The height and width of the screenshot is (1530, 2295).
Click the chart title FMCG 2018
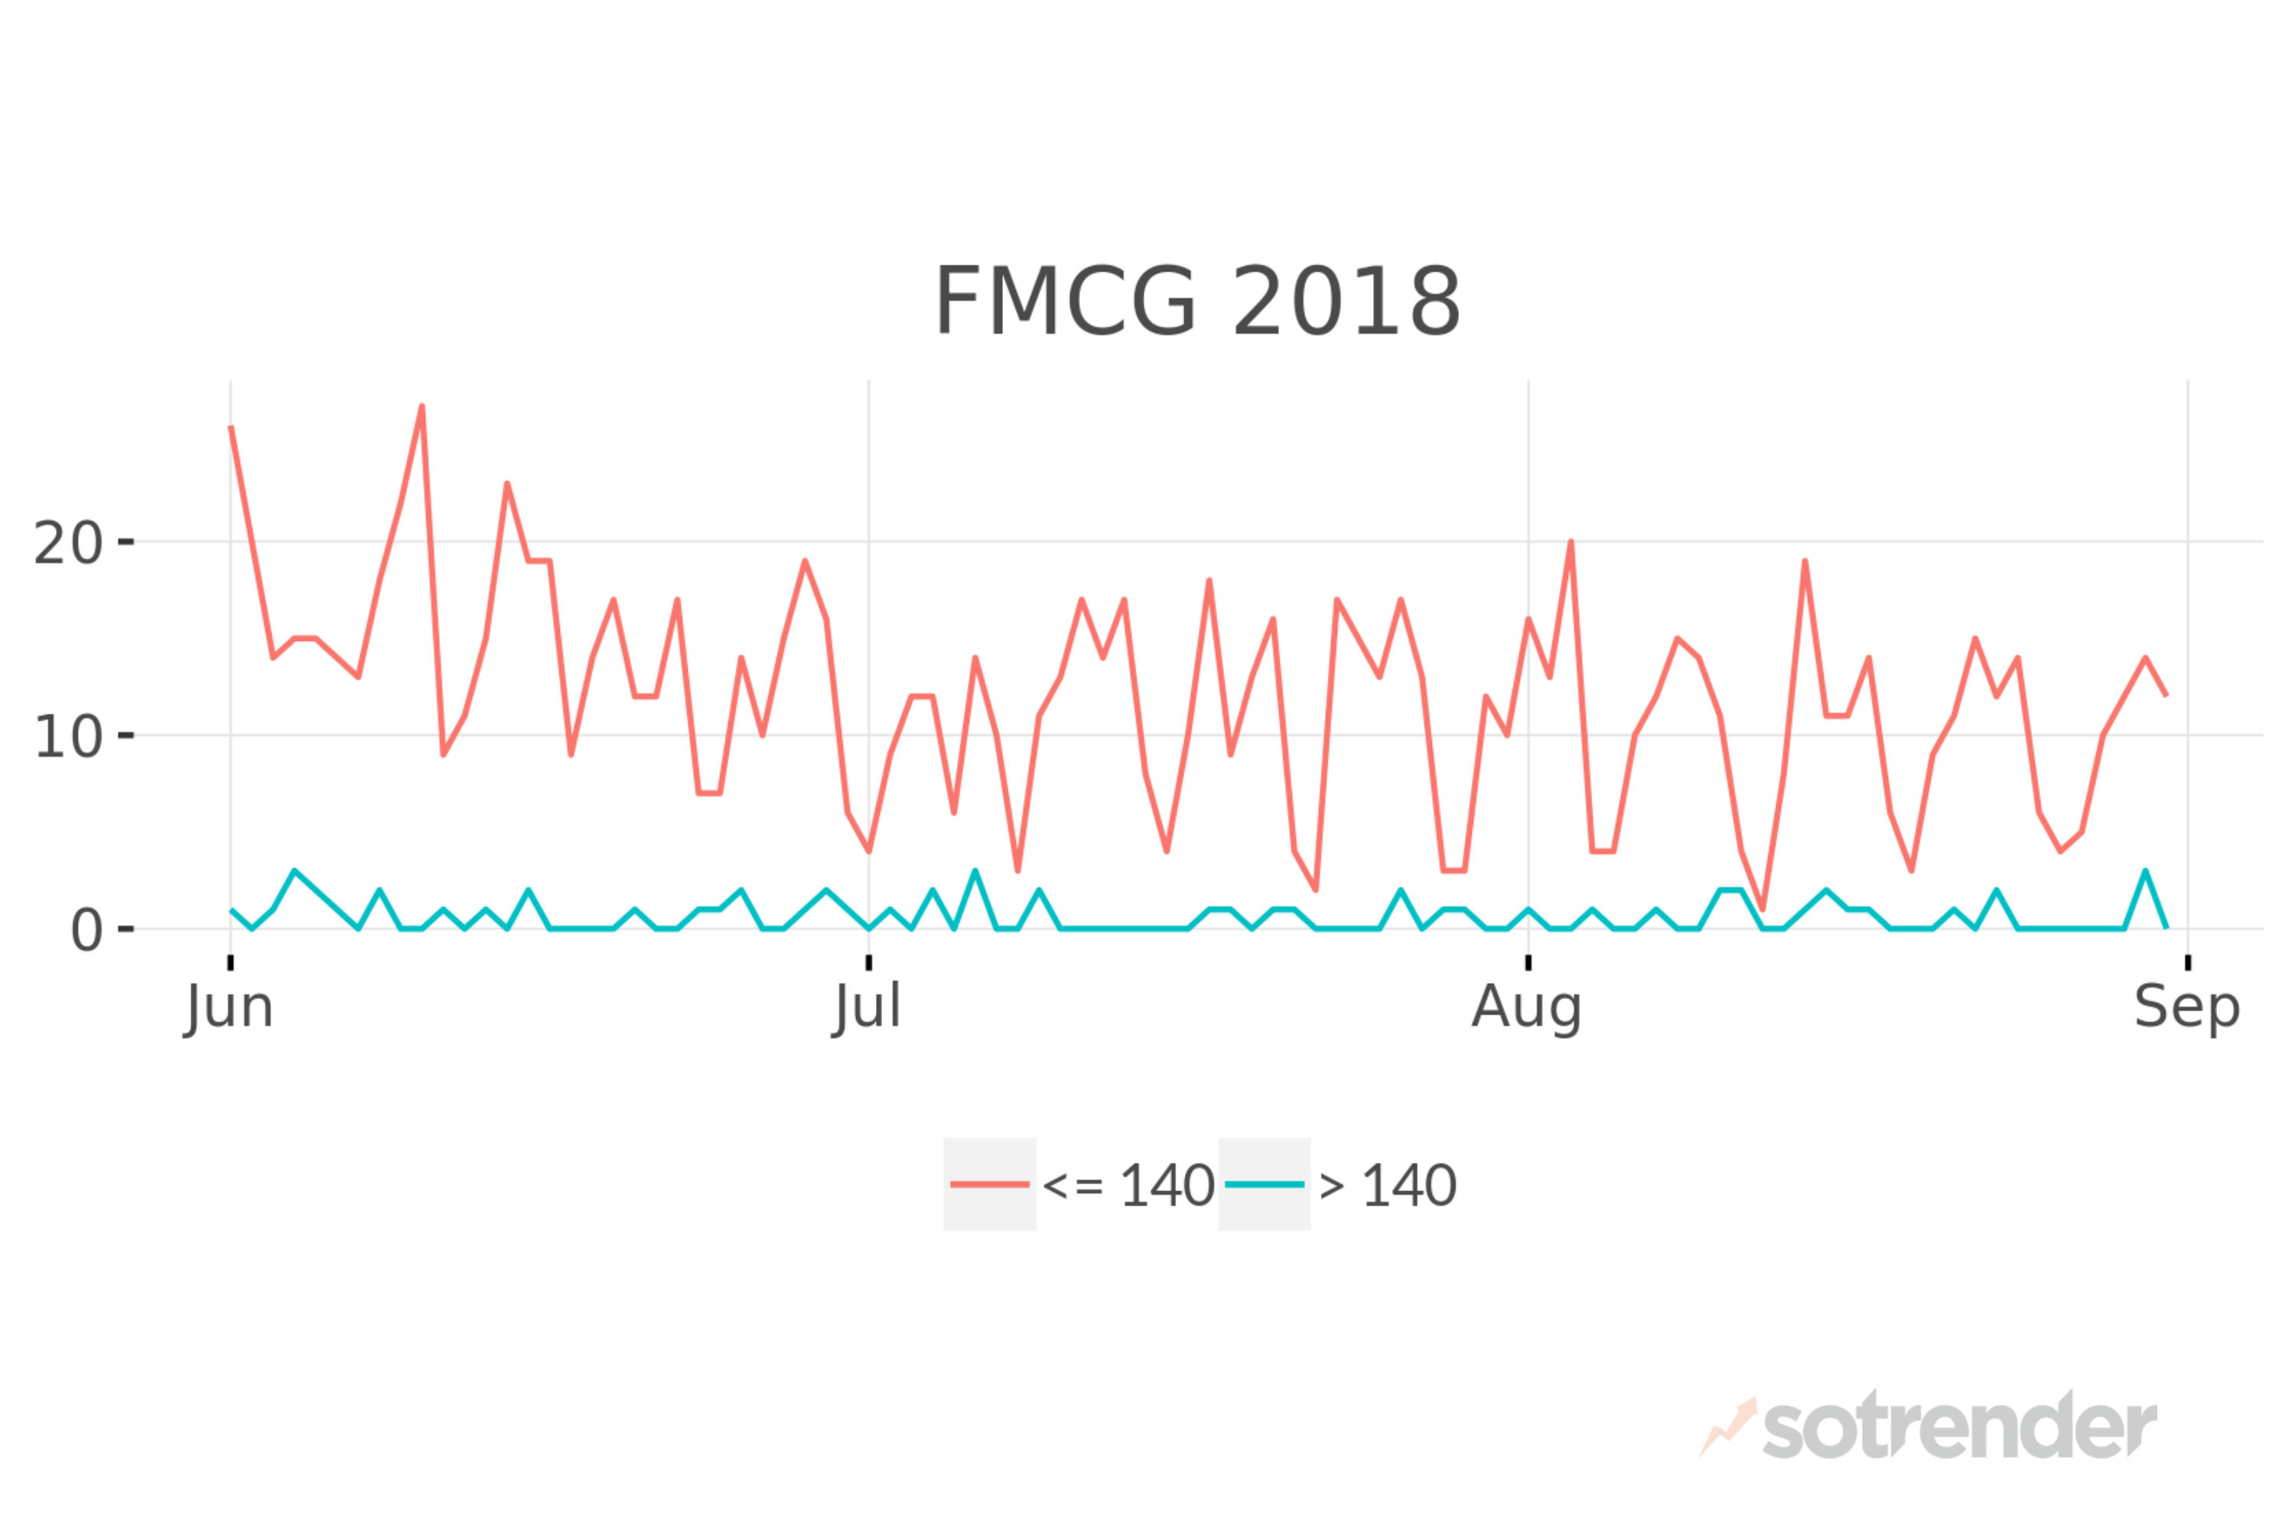click(1197, 301)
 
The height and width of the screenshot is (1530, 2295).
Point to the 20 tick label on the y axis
click(67, 543)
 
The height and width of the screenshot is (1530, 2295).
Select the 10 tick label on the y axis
click(67, 737)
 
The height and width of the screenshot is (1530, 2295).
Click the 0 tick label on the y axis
click(86, 930)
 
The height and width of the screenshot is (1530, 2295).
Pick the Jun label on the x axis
click(229, 1007)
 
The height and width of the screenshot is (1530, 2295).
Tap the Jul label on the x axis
click(868, 1007)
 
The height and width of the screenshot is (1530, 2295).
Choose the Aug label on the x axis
click(1527, 1007)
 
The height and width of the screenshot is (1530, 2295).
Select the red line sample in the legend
click(989, 1184)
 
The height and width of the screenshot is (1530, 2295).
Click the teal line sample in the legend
click(1264, 1184)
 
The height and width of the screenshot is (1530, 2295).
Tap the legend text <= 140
click(1128, 1187)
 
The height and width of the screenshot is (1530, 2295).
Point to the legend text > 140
click(1388, 1187)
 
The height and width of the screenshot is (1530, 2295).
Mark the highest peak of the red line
click(422, 406)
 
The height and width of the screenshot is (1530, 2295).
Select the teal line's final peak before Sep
click(2145, 871)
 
